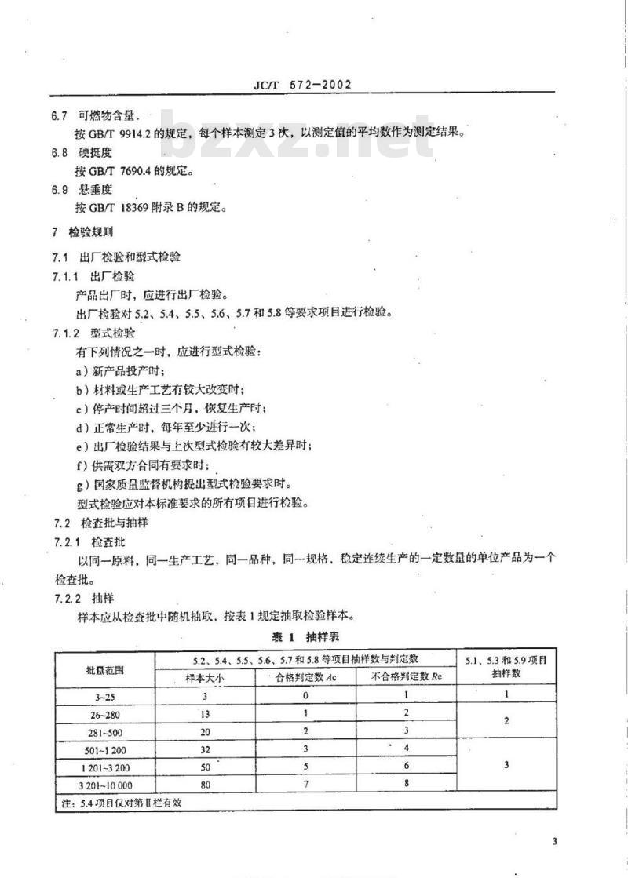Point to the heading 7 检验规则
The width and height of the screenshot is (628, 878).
click(82, 232)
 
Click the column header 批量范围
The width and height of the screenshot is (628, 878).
click(104, 669)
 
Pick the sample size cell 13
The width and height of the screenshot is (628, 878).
click(204, 713)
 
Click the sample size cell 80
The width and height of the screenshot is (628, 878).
click(204, 783)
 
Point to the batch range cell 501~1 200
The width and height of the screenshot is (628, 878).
click(104, 749)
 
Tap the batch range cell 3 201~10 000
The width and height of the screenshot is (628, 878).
click(104, 783)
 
